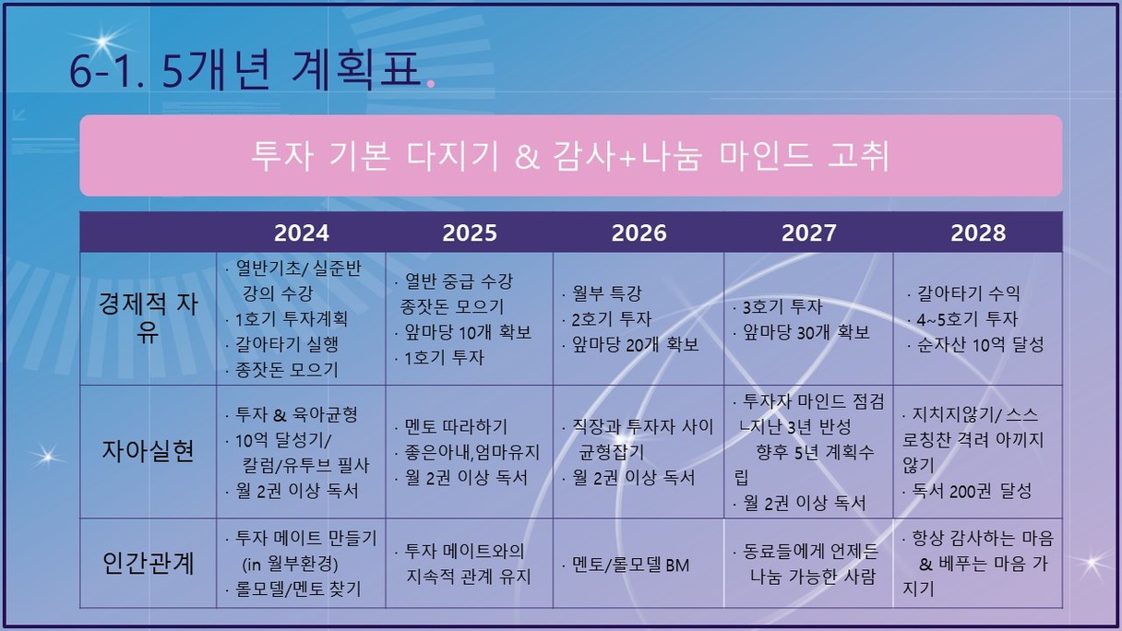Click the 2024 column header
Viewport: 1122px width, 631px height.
pos(301,232)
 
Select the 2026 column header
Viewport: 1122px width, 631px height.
pos(639,232)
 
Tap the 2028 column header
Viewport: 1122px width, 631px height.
pos(978,232)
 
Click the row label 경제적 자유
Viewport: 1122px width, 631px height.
pos(149,317)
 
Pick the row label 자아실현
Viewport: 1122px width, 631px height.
pos(148,450)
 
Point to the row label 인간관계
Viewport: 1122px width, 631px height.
pos(148,563)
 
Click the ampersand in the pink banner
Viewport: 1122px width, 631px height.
pos(527,156)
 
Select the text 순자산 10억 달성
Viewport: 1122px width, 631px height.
pos(980,344)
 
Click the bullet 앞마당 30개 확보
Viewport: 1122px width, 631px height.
pos(806,332)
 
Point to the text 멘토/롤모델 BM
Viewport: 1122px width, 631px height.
pos(630,565)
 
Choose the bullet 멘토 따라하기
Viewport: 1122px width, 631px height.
pos(456,427)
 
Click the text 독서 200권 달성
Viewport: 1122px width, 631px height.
pos(972,491)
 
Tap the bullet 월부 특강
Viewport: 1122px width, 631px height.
pos(606,293)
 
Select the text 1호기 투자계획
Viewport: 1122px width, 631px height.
pos(291,318)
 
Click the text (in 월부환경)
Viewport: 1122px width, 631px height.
pos(290,564)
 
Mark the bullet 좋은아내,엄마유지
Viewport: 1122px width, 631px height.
pos(471,452)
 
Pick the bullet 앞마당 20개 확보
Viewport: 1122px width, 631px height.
pos(635,344)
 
